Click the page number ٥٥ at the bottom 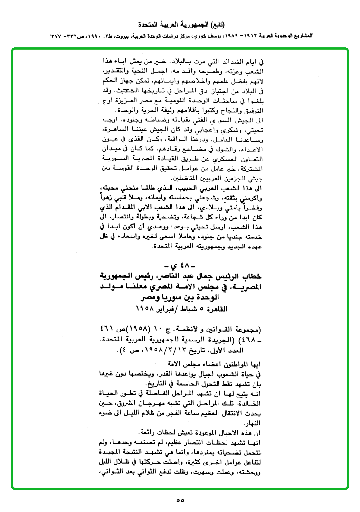pyautogui.click(x=180, y=500)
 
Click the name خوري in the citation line pyautogui.click(x=202, y=36)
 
